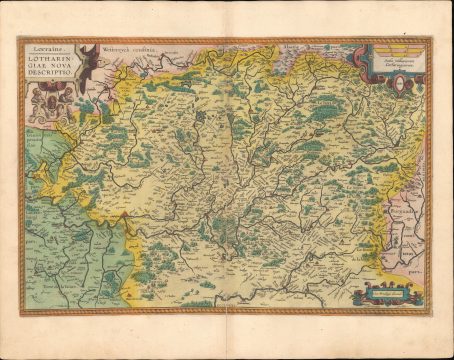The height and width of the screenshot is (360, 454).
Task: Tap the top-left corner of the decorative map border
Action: tap(15, 39)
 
